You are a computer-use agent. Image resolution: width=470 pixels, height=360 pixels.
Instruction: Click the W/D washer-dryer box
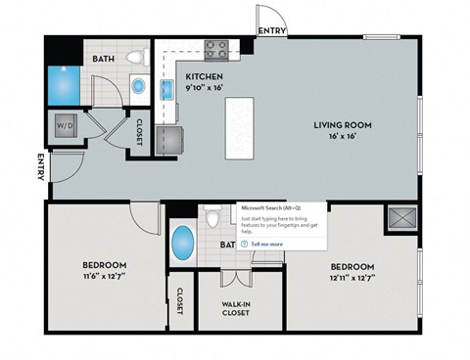tap(66, 126)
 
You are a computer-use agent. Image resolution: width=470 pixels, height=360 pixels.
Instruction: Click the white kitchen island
tap(239, 127)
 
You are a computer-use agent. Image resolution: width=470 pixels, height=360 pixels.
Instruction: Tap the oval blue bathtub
tap(183, 243)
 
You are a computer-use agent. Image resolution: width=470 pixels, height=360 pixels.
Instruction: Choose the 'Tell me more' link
tap(267, 244)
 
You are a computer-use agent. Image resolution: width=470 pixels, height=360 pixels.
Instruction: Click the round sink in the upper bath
tap(138, 87)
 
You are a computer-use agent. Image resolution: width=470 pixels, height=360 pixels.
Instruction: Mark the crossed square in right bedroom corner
tap(400, 217)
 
